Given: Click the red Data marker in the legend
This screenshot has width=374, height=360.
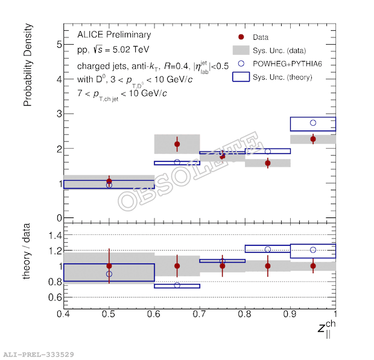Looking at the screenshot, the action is pyautogui.click(x=241, y=37).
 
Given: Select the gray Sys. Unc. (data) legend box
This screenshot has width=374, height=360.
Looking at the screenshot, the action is pyautogui.click(x=241, y=50).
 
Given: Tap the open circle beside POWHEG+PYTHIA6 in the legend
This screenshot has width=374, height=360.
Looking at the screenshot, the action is pyautogui.click(x=241, y=63).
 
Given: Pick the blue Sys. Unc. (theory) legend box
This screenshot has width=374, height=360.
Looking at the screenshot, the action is pyautogui.click(x=241, y=77).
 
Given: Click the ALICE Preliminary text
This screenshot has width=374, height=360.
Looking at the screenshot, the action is pyautogui.click(x=114, y=34).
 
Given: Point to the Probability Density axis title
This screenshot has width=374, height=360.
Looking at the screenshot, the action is pyautogui.click(x=28, y=65).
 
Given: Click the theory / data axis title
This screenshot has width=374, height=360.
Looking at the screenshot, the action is pyautogui.click(x=26, y=251).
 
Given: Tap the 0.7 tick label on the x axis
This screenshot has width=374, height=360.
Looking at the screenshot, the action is pyautogui.click(x=199, y=314).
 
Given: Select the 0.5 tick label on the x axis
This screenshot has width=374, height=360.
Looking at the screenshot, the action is pyautogui.click(x=109, y=314).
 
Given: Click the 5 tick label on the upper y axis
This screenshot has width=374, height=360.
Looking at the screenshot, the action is pyautogui.click(x=59, y=45).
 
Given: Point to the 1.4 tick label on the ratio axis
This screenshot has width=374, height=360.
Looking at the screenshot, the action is pyautogui.click(x=55, y=236).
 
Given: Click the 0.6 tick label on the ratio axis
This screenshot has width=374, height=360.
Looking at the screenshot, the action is pyautogui.click(x=55, y=297).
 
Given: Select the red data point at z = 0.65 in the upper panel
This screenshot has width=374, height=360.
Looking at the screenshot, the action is pyautogui.click(x=177, y=144).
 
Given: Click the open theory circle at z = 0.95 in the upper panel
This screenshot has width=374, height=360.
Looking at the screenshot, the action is pyautogui.click(x=313, y=123).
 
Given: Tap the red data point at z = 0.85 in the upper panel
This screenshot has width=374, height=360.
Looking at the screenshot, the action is pyautogui.click(x=268, y=163).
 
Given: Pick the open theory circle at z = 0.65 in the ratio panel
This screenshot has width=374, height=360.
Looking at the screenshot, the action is pyautogui.click(x=177, y=285).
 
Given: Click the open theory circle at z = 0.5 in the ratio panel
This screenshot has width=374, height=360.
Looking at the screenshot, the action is pyautogui.click(x=109, y=274).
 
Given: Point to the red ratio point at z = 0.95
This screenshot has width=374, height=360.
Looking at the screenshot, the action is pyautogui.click(x=313, y=266).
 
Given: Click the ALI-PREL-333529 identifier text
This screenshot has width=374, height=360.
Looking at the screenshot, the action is pyautogui.click(x=39, y=355).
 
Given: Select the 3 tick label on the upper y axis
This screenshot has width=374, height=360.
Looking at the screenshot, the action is pyautogui.click(x=59, y=114).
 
